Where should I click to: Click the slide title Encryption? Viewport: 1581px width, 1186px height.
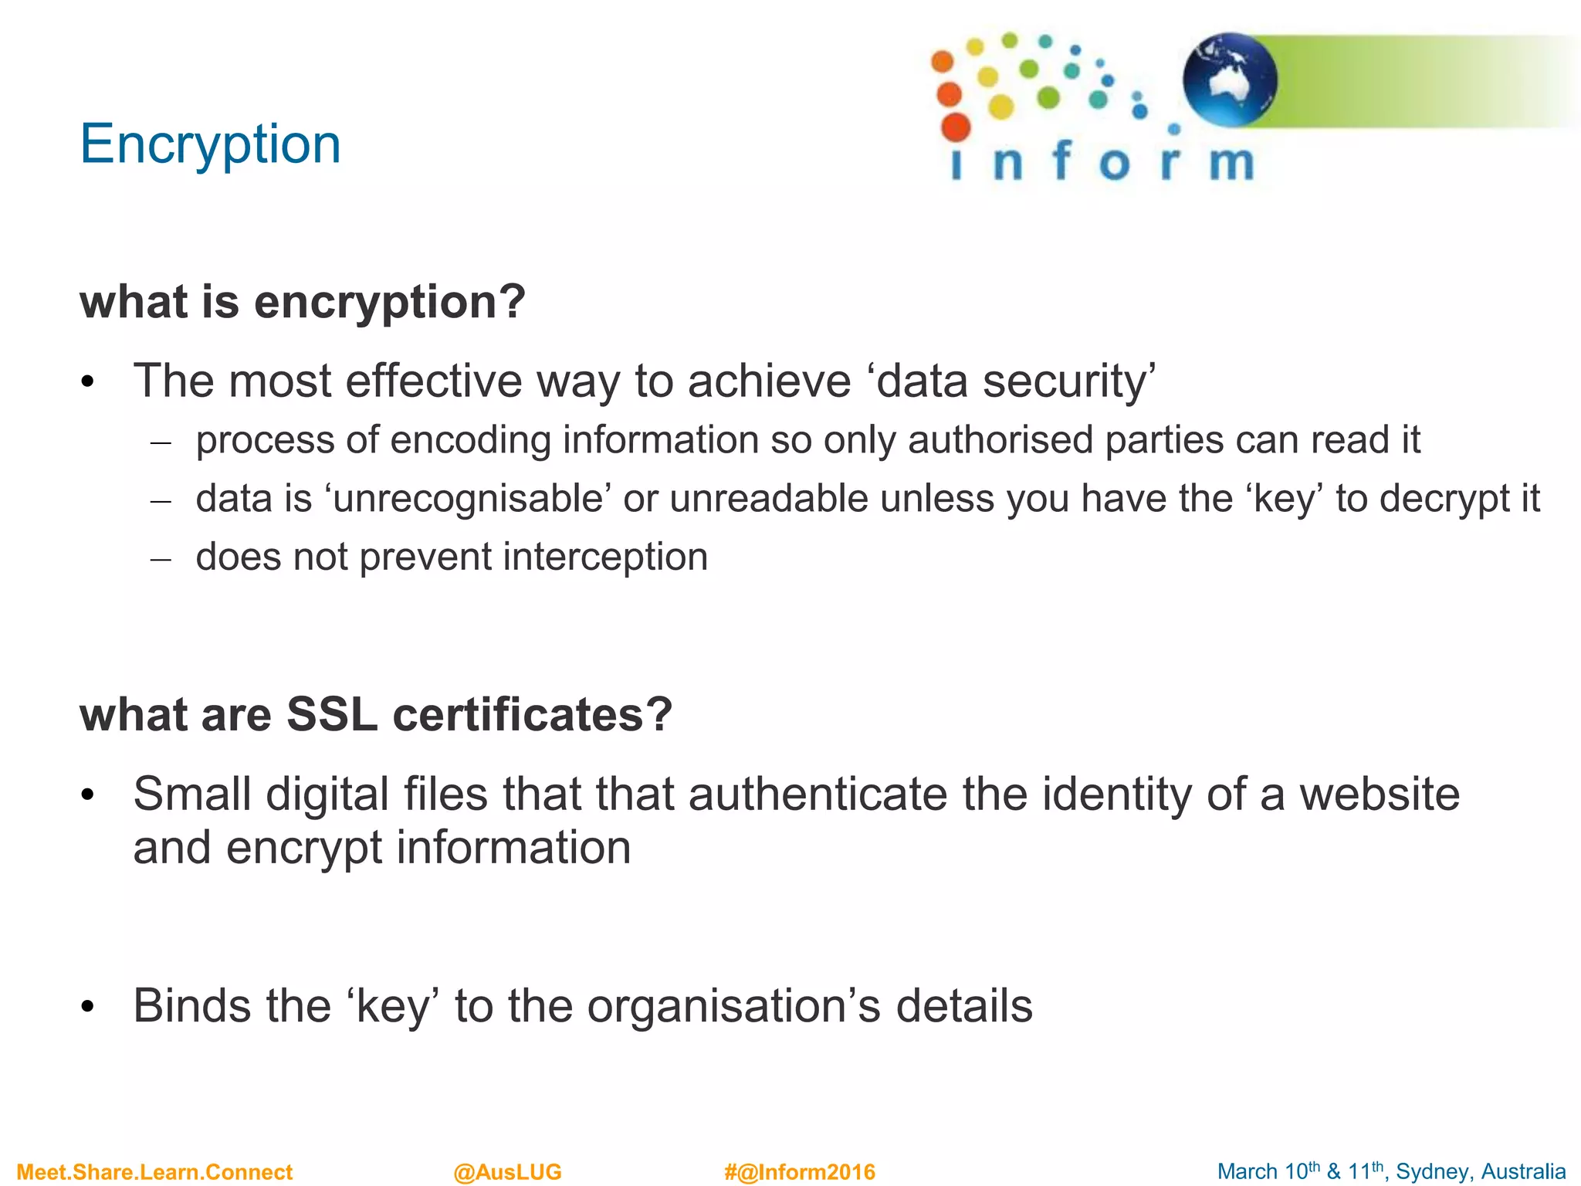pos(210,144)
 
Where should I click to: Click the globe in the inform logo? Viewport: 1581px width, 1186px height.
pos(1229,80)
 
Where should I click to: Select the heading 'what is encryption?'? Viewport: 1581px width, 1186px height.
pos(303,301)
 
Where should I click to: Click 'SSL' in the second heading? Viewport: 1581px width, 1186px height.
pos(332,714)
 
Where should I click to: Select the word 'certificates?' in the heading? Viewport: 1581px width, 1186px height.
pos(533,714)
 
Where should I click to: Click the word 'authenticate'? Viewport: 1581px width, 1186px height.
pos(818,795)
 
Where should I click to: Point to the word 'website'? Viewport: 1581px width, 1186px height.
pos(1380,795)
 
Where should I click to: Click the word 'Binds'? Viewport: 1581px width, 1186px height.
pos(192,1005)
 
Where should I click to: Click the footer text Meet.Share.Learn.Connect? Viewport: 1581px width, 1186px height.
pos(154,1172)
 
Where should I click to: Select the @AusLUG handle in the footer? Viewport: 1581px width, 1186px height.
pos(507,1172)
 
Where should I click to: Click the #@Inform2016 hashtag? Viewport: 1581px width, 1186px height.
pos(800,1172)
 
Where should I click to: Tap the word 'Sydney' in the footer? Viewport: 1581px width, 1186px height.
pos(1429,1172)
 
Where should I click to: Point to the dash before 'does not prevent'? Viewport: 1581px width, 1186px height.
pos(161,557)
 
